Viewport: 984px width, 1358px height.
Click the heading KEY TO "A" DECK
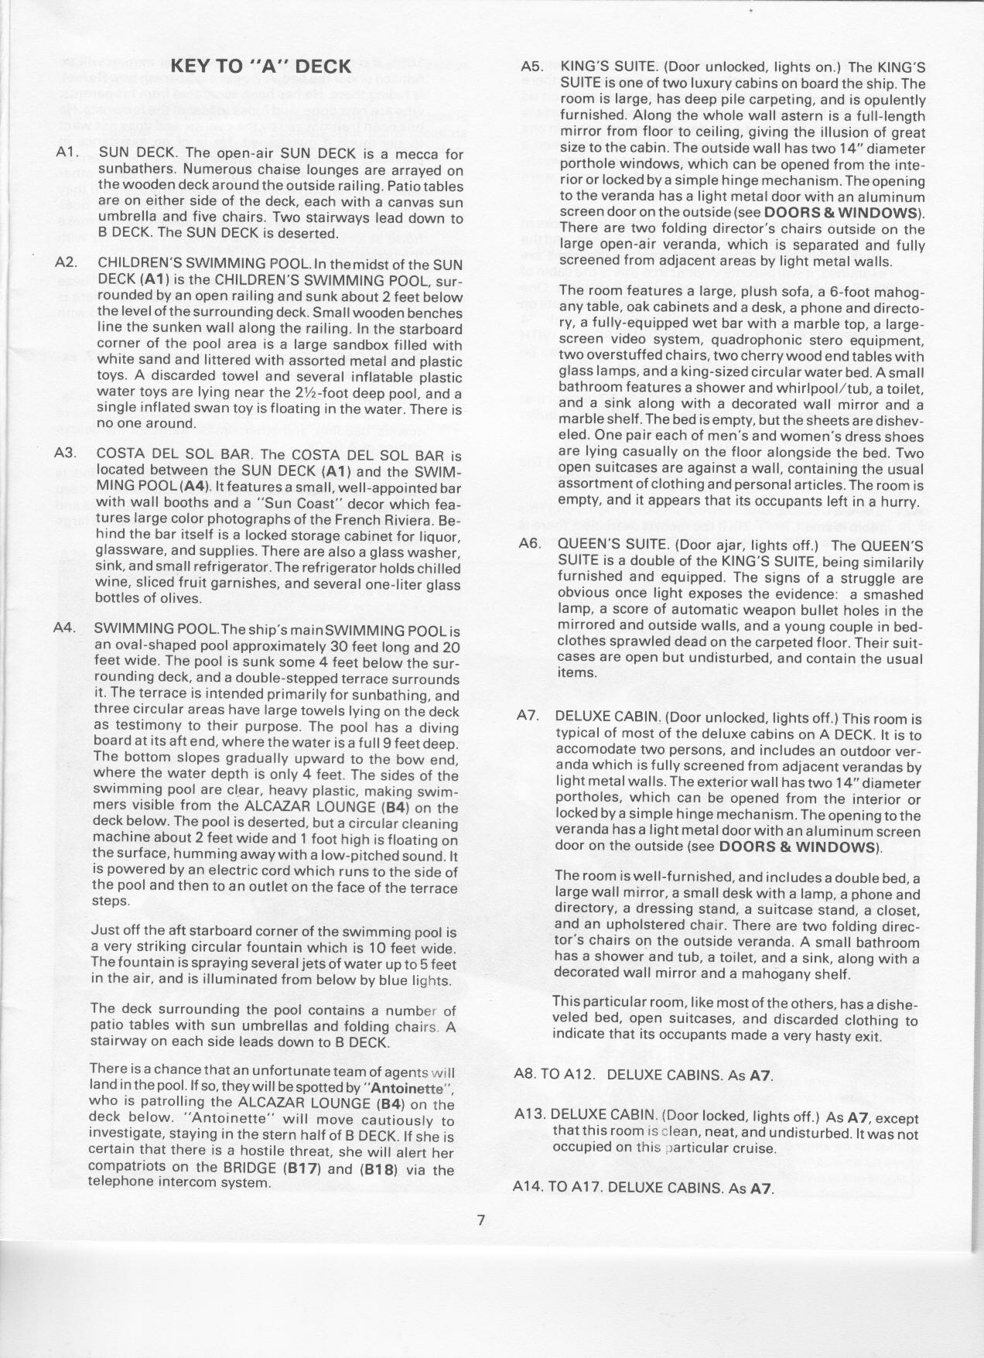click(261, 66)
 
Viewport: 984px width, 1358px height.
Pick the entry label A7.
click(528, 716)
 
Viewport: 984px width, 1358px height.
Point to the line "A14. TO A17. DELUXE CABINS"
click(644, 1187)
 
